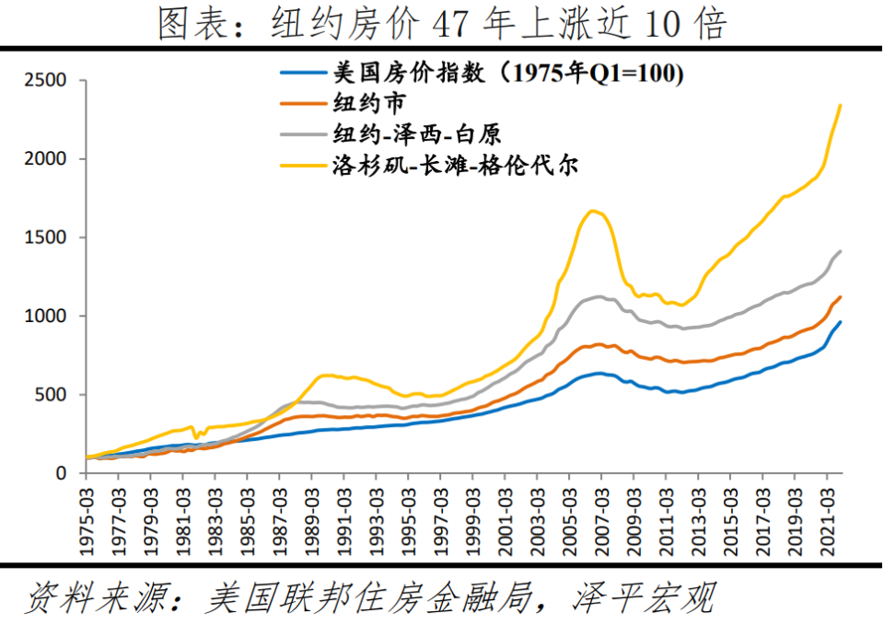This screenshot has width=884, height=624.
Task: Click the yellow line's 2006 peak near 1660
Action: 592,211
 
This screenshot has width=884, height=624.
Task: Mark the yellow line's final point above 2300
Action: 840,105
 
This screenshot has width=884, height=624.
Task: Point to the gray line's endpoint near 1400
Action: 840,251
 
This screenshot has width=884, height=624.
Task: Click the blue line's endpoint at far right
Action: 840,322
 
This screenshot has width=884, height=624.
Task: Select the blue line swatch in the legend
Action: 303,74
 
